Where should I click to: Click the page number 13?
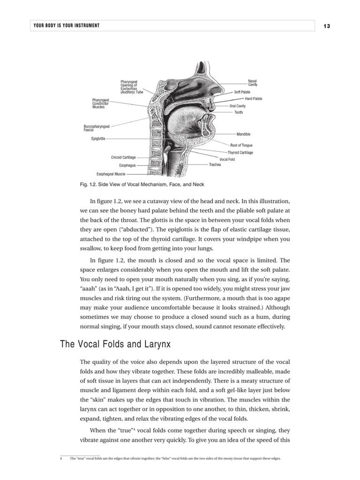327,26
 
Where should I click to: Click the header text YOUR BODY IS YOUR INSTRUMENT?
67,25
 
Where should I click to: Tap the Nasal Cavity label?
253,83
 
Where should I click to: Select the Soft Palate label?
242,92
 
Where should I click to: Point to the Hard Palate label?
254,99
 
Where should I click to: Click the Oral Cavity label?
237,106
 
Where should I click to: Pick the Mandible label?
243,135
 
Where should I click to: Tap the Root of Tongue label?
241,145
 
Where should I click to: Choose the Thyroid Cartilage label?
240,153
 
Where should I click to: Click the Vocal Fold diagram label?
227,159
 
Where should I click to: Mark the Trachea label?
215,165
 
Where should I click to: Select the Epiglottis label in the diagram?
98,139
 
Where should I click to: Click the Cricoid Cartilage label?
123,157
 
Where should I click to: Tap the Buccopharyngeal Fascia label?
97,127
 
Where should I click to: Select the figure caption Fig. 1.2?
142,184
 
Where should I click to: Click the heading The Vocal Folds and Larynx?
115,345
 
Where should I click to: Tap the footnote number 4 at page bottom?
61,458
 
